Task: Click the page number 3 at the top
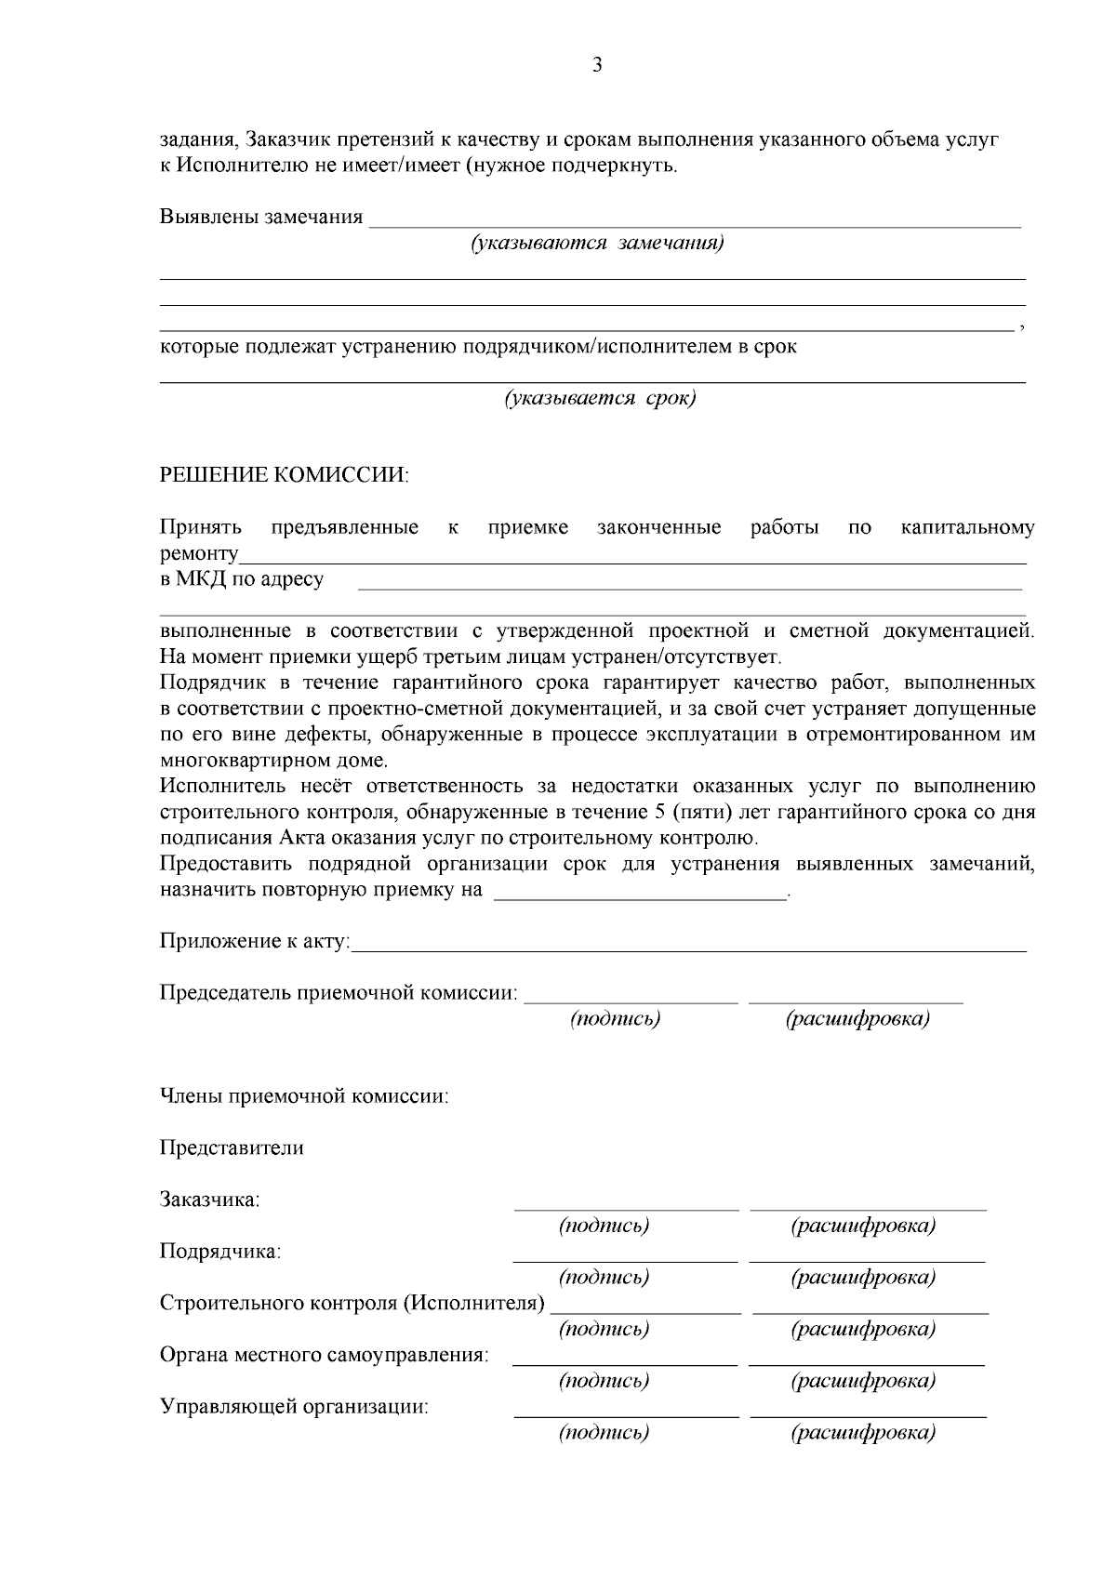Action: point(596,65)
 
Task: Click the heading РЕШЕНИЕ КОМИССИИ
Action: point(284,475)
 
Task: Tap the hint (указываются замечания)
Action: point(597,244)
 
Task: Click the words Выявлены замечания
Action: point(261,218)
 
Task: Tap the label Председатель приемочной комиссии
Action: point(339,992)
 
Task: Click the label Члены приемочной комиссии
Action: point(304,1096)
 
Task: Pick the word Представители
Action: point(232,1147)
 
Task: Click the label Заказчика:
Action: point(209,1200)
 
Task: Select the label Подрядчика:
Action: point(220,1252)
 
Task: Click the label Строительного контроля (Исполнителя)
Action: point(352,1303)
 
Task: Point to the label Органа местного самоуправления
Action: point(325,1355)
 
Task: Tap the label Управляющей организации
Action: point(294,1406)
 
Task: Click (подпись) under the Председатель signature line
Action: point(615,1019)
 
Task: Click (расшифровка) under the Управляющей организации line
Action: point(863,1433)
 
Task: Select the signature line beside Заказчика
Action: point(626,1209)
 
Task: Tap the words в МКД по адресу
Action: point(242,579)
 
